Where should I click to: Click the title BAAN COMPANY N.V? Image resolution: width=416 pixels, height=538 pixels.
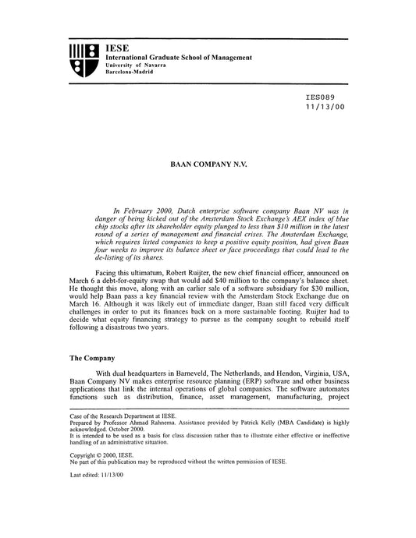(208, 165)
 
